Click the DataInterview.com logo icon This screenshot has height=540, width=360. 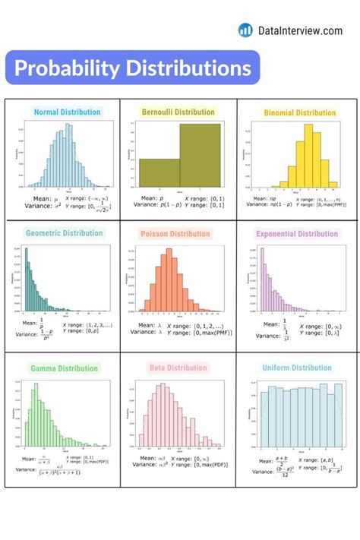(x=245, y=30)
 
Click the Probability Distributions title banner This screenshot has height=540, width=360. (x=132, y=68)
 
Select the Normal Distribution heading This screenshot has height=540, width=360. (x=67, y=112)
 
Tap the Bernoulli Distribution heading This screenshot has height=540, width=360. (x=178, y=112)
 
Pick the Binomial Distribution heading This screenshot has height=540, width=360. (x=299, y=113)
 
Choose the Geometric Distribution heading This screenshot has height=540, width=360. (x=65, y=233)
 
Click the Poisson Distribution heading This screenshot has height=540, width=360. (x=175, y=234)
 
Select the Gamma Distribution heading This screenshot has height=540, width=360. (x=65, y=368)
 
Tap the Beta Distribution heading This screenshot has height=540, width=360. (x=176, y=368)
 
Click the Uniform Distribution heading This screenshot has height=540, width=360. (x=296, y=368)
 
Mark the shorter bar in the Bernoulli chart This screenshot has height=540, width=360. (x=159, y=173)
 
